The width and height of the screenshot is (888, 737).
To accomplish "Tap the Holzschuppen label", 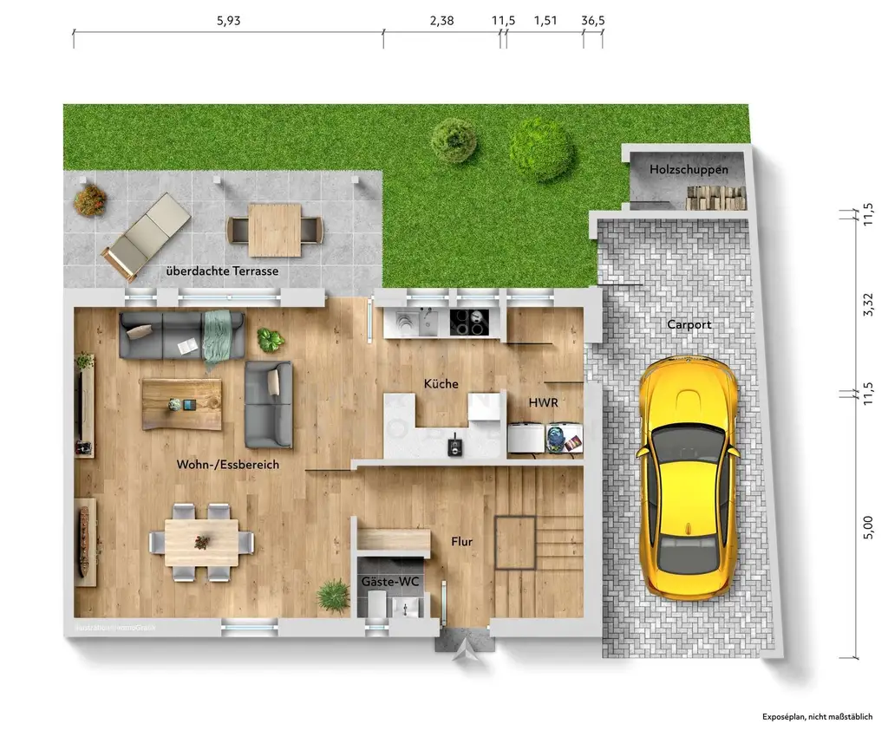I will (689, 170).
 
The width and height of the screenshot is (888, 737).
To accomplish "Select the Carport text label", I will (689, 325).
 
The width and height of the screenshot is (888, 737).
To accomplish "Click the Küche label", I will (441, 384).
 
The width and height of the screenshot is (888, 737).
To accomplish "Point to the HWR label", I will (543, 403).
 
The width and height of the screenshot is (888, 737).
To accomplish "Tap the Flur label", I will (461, 542).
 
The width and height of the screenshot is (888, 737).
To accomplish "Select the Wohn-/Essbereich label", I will (228, 465).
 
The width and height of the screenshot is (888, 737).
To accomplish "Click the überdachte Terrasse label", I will (222, 271).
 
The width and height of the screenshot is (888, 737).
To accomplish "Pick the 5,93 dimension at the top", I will (228, 22).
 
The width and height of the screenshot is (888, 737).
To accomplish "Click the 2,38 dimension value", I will (441, 22).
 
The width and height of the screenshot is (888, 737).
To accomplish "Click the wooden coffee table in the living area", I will (182, 403).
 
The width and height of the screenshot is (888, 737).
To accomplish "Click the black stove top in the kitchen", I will (470, 323).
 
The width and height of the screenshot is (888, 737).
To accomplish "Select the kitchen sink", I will (428, 323).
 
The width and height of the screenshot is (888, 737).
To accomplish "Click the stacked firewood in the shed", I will (716, 199).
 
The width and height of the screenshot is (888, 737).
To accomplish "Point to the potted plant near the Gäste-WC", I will (333, 596).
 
